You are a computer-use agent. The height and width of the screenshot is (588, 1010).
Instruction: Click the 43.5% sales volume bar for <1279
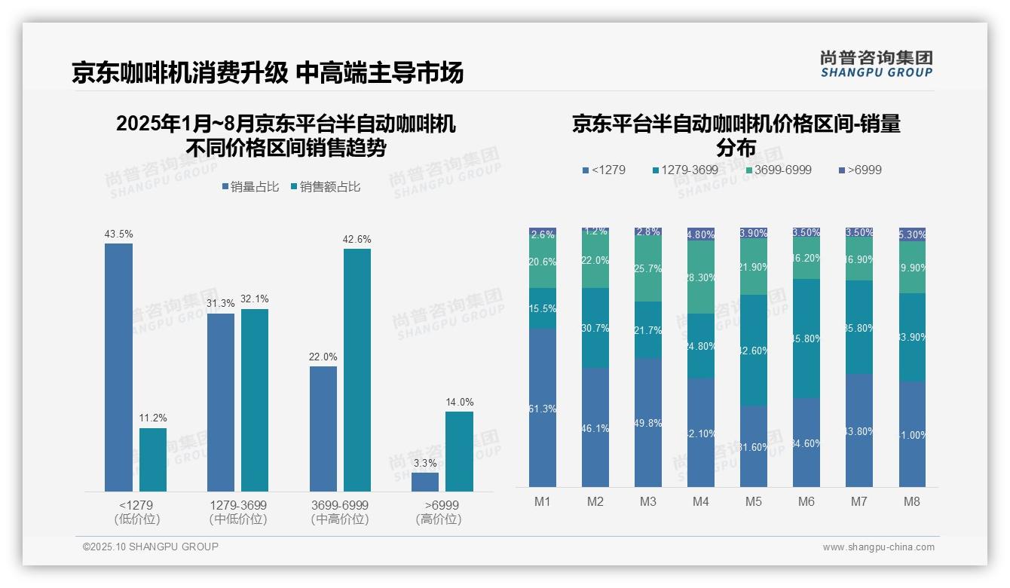point(118,367)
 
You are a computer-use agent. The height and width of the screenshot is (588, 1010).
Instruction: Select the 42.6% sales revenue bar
point(357,370)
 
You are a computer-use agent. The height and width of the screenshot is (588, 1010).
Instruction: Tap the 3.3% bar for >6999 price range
point(425,482)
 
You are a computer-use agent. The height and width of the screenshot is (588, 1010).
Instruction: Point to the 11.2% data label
point(153,418)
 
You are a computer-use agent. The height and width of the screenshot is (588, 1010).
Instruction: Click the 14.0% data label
point(459,402)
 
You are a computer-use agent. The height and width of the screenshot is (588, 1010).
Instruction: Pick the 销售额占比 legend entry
point(325,187)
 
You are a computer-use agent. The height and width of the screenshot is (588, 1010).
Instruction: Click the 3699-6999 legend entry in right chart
point(779,170)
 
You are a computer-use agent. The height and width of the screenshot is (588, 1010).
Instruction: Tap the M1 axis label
point(543,502)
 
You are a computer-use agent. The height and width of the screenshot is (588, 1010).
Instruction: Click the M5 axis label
point(754,502)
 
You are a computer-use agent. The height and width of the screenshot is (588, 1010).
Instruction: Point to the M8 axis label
point(912,502)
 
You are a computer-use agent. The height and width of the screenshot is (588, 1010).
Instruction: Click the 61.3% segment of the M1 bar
point(543,407)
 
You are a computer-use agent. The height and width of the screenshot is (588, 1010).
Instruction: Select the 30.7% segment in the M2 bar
point(595,328)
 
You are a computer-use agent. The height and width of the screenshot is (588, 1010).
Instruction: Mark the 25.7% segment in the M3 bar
point(648,269)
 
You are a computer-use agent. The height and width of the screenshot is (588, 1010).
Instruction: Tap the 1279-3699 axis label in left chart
point(237,505)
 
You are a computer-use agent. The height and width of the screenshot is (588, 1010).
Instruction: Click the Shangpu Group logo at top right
point(876,63)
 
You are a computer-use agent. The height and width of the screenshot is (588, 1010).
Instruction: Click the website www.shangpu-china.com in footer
point(878,547)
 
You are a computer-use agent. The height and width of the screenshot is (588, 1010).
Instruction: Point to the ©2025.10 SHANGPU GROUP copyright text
point(151,547)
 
